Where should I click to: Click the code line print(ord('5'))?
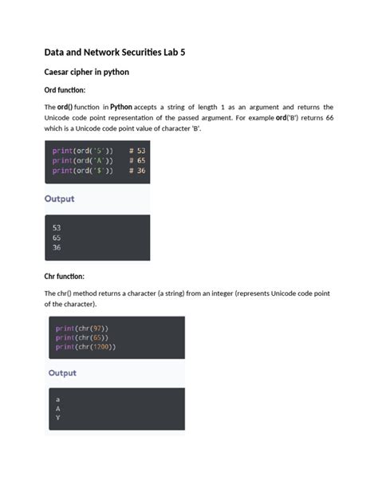tap(82, 151)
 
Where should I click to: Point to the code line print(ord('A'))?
tap(82, 160)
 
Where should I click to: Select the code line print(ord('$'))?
tap(82, 170)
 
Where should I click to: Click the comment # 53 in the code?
tap(136, 151)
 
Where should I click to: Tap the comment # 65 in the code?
tap(136, 160)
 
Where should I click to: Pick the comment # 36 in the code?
tap(136, 170)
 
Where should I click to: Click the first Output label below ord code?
tap(59, 199)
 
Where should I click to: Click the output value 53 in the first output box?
tap(56, 227)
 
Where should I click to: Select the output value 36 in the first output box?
tap(56, 247)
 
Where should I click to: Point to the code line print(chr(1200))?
tap(86, 347)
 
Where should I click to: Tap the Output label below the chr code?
tap(62, 372)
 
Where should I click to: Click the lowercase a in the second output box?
tap(57, 398)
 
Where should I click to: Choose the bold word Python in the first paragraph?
tap(121, 107)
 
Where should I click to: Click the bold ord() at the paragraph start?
tap(67, 107)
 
